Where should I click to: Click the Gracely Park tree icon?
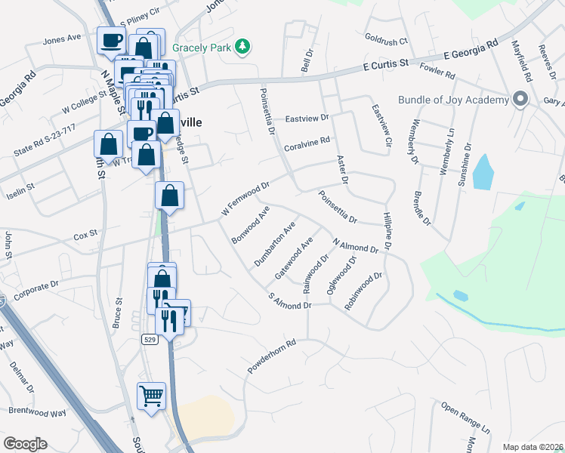(x=242, y=48)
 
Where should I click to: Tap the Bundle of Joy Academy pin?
(x=520, y=100)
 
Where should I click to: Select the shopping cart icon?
(x=151, y=396)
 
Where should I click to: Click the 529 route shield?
(x=150, y=341)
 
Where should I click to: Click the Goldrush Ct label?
(x=385, y=40)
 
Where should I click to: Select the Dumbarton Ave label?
(x=275, y=245)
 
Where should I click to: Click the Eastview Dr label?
(x=307, y=119)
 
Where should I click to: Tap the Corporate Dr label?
(x=30, y=286)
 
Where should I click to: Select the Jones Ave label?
(x=62, y=39)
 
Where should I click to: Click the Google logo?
(x=25, y=444)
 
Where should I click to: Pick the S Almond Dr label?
(x=290, y=300)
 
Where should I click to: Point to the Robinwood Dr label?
(x=363, y=291)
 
